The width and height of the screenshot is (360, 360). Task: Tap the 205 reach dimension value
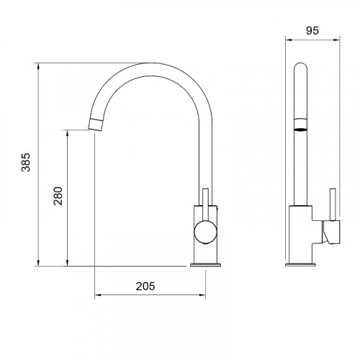pyautogui.click(x=145, y=286)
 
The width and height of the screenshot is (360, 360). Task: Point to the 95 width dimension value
pyautogui.click(x=312, y=31)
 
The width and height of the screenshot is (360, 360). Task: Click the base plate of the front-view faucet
pyautogui.click(x=203, y=264)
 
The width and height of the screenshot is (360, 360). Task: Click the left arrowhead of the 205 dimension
pyautogui.click(x=98, y=295)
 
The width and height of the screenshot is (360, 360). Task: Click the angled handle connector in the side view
pyautogui.click(x=328, y=234)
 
